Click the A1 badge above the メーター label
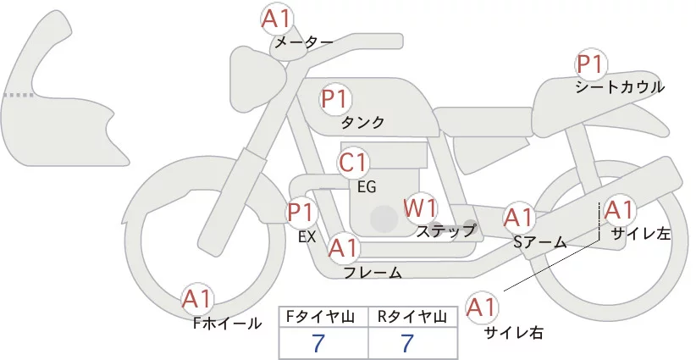276,19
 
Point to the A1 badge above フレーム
343,248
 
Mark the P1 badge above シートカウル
590,64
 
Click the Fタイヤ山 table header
323,317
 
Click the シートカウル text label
619,86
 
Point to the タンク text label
362,122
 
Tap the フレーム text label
373,272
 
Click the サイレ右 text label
513,333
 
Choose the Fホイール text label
227,323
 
